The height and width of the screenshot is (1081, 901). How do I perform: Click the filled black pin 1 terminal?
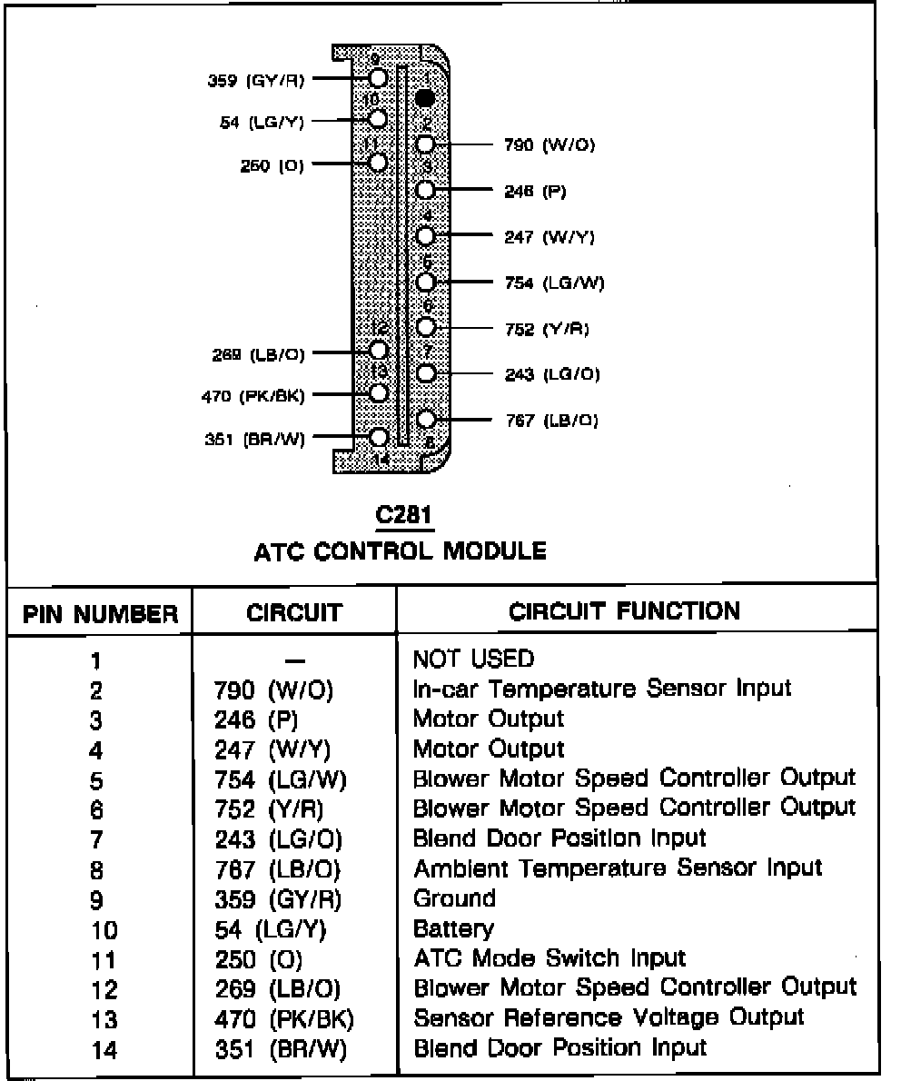[x=425, y=96]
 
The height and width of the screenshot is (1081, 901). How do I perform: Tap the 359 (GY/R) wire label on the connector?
[x=257, y=80]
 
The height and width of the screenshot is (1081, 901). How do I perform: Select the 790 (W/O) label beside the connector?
[x=550, y=144]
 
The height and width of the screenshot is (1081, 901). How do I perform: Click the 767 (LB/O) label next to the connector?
[x=551, y=421]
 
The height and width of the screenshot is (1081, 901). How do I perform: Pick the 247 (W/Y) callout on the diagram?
[x=550, y=237]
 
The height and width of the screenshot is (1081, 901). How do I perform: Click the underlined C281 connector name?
[x=404, y=515]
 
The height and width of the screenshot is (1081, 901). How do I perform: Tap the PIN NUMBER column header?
[x=101, y=615]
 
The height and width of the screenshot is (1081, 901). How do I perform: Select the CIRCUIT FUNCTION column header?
[x=625, y=610]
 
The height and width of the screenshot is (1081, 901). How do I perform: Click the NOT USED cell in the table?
[x=473, y=658]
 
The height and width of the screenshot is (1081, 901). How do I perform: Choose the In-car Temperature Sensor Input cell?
[x=602, y=689]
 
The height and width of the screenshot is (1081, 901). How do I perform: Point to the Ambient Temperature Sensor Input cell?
[x=618, y=868]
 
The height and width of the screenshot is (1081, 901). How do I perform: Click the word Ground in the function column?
[x=454, y=898]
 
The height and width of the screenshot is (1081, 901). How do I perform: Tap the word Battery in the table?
[x=453, y=928]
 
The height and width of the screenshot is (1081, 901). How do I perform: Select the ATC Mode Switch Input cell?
[x=550, y=957]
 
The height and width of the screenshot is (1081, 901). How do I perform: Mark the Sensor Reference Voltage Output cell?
[x=609, y=1017]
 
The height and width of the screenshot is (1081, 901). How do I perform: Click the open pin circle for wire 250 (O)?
[x=378, y=163]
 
